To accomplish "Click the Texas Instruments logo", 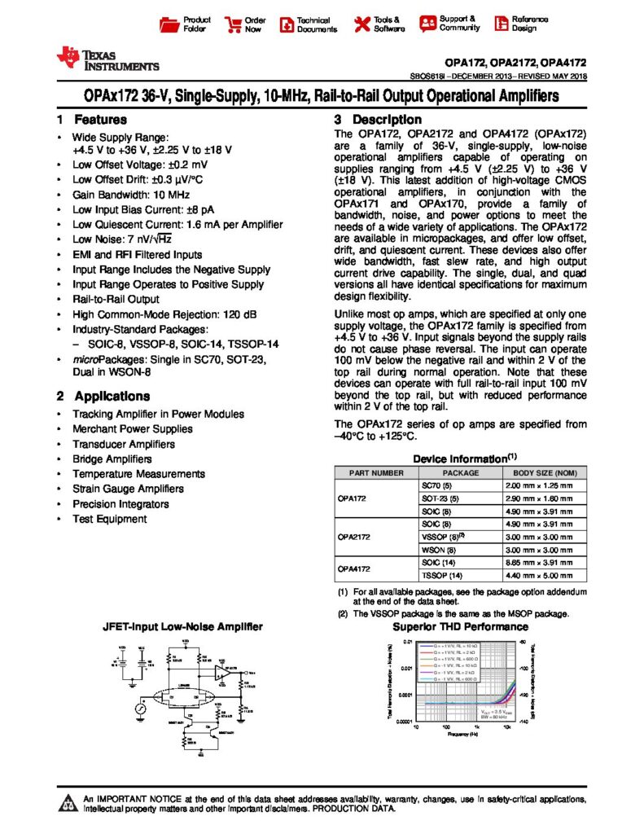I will tap(107, 58).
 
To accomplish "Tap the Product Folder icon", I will tap(169, 24).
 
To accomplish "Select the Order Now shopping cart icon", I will tap(233, 24).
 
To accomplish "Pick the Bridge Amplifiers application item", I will tap(112, 459).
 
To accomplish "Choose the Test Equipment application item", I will tap(110, 519).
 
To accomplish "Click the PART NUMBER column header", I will tap(376, 472).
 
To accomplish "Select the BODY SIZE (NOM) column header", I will tap(545, 472).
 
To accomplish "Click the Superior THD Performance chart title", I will tap(460, 627).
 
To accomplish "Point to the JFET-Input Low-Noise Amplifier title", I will tap(182, 627).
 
